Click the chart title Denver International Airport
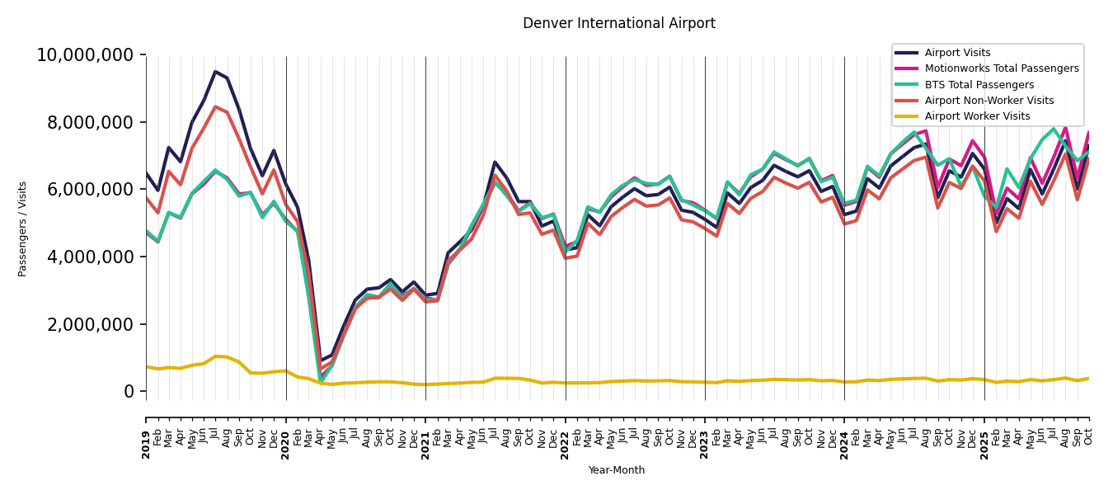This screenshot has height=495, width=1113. (x=618, y=24)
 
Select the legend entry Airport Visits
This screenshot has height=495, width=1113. (x=957, y=53)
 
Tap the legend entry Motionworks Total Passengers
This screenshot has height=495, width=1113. (x=1001, y=68)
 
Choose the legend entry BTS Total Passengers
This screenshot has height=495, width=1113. (x=979, y=85)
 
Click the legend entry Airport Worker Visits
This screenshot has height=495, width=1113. (x=977, y=116)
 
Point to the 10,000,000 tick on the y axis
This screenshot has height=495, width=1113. (x=85, y=55)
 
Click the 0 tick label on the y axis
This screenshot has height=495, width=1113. (x=129, y=392)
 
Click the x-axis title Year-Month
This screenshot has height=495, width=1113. (x=617, y=470)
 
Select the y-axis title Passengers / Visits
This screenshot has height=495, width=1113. (x=23, y=229)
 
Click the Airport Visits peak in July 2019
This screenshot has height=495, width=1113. (x=216, y=72)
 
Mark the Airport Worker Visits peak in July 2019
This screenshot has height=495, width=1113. (x=216, y=356)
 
